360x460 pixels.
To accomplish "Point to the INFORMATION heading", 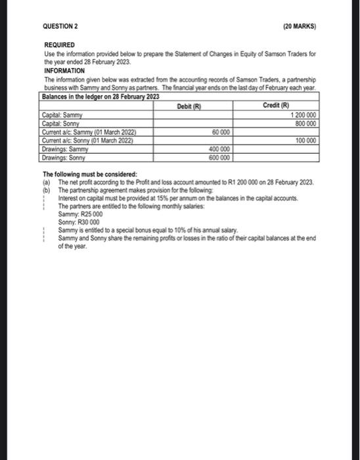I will coord(64,69).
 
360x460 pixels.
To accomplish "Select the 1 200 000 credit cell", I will coord(304,116).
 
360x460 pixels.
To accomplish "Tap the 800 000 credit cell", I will coord(307,123).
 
